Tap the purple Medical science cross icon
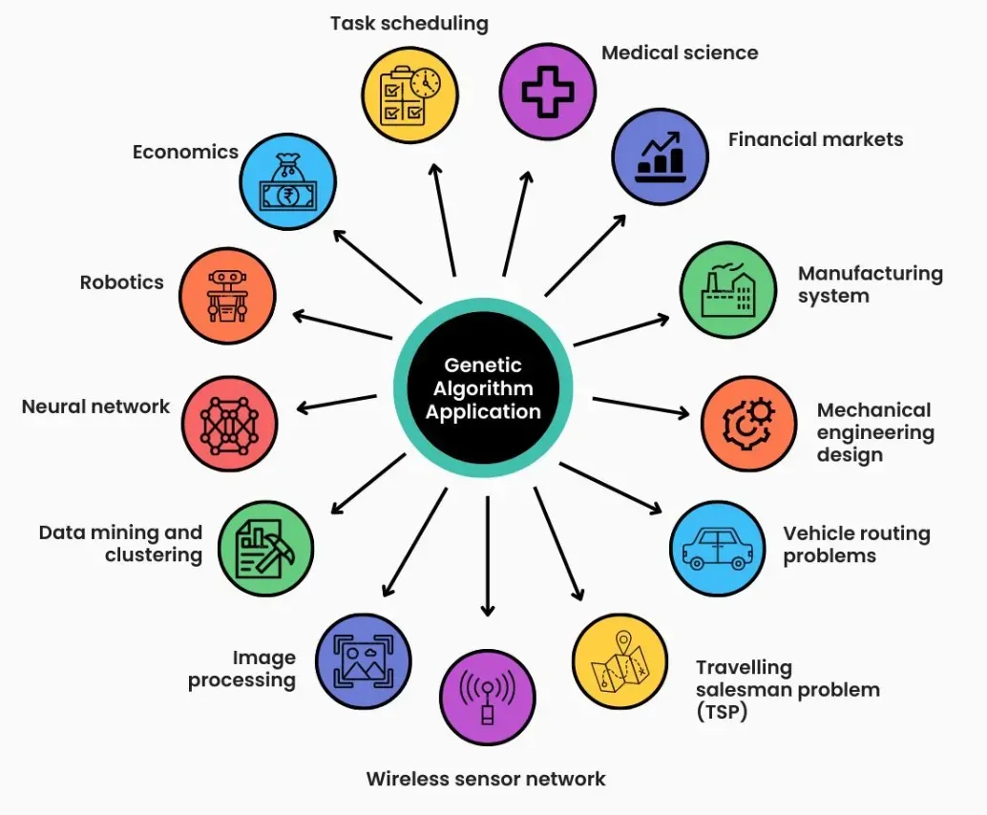click(548, 92)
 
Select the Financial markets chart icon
click(660, 157)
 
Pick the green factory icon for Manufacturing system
click(726, 290)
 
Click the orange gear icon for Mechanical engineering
click(748, 424)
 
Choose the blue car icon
click(717, 549)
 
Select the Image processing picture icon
click(363, 661)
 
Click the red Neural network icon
click(229, 424)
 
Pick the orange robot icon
click(228, 295)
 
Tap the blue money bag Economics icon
click(287, 182)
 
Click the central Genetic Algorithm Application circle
click(483, 388)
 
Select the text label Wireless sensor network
click(486, 779)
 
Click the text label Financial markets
click(815, 139)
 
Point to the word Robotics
click(122, 282)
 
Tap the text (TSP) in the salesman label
click(721, 711)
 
